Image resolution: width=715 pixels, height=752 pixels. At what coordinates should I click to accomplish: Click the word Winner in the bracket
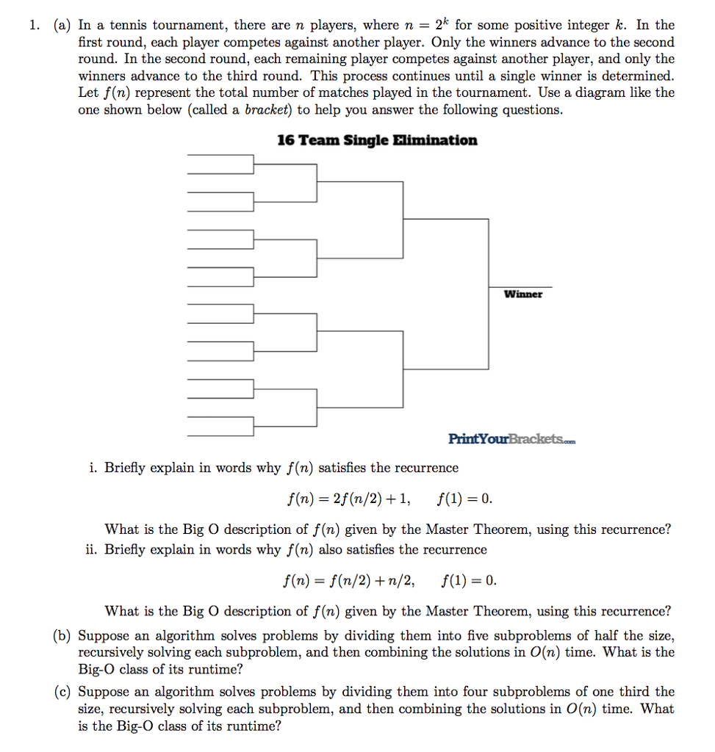coord(523,294)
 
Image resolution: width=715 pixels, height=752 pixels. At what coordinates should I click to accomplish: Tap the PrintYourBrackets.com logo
coord(511,439)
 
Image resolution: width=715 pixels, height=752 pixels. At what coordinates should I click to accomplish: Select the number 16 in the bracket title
coord(286,140)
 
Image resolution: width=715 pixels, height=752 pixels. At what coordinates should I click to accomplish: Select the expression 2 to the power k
coord(442,23)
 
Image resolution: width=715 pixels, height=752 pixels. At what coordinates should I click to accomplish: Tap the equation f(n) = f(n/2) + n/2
coord(349,582)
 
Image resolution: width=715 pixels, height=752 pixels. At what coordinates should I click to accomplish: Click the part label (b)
coord(61,636)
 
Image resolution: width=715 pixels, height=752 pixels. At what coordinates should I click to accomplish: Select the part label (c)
coord(61,692)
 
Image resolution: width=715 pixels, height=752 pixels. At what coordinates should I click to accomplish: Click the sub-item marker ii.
coord(92,550)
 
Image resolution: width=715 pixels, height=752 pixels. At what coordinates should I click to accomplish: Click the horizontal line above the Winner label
coord(520,286)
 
